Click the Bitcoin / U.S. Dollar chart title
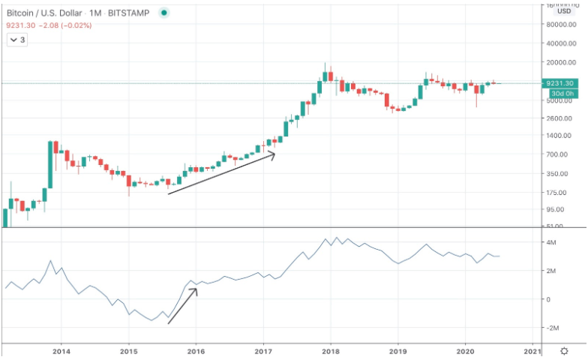46,13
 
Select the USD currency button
563,11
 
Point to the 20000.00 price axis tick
563,63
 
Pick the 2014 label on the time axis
61,350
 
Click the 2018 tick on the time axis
331,350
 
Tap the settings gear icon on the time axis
564,350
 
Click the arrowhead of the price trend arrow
273,154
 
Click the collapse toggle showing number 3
18,40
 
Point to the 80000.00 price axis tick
563,24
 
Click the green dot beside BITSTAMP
164,13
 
